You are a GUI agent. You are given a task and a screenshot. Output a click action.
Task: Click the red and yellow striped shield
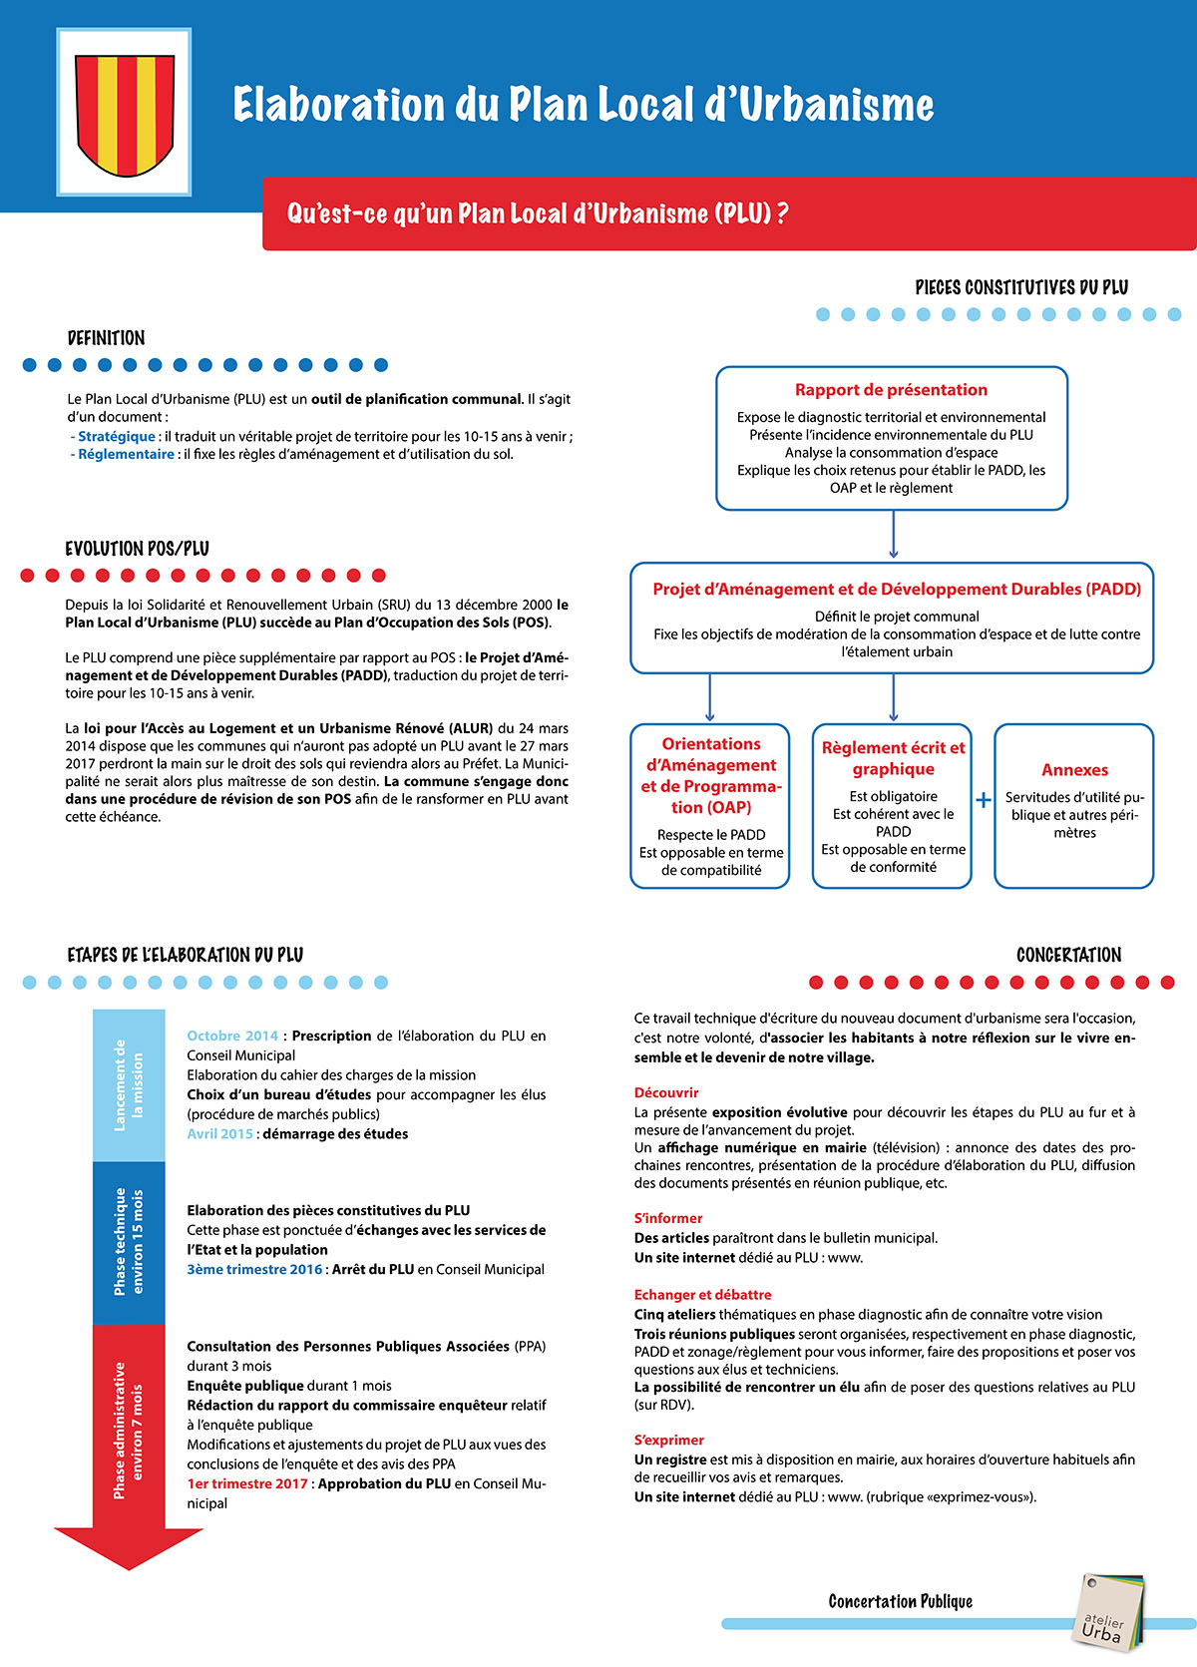[125, 112]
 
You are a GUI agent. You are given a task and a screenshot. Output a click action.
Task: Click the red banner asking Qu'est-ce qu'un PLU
[728, 213]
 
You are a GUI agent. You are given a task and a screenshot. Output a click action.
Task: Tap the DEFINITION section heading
[106, 338]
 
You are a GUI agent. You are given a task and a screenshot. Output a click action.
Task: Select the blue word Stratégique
[117, 436]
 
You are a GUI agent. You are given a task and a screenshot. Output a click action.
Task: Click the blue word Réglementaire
[126, 454]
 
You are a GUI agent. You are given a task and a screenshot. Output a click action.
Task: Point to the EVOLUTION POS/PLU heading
[137, 549]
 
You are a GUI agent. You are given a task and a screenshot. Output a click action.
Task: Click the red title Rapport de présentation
[891, 390]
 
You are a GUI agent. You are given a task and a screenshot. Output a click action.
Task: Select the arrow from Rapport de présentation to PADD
[893, 535]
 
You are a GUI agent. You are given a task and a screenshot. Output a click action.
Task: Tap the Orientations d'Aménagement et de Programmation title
[710, 775]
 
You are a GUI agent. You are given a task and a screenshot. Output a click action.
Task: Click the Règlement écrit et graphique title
[893, 758]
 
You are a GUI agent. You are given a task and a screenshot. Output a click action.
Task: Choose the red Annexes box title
[1074, 770]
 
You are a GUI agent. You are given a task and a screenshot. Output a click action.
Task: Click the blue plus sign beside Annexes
[984, 800]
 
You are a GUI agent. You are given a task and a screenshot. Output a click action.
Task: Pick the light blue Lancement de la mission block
[129, 1084]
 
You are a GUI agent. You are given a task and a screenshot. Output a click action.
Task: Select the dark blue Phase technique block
[129, 1242]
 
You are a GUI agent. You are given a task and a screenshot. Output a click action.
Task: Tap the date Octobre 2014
[232, 1036]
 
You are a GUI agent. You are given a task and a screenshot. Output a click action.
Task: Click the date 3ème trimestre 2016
[254, 1269]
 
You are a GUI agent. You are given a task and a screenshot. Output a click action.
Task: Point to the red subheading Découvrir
[666, 1092]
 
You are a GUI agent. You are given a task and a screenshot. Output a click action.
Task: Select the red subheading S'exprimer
[668, 1440]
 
